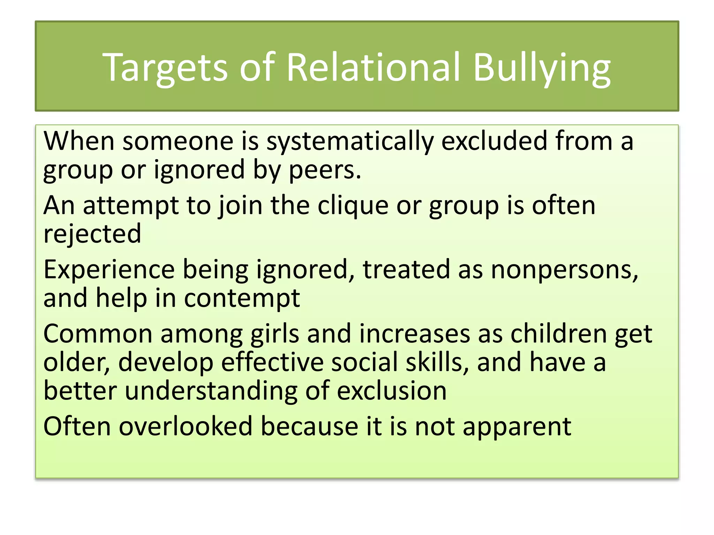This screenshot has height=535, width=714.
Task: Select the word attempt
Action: (131, 206)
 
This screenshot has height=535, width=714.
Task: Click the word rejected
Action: (92, 234)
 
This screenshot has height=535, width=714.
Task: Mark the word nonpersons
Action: (564, 270)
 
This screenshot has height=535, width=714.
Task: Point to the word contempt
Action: (242, 298)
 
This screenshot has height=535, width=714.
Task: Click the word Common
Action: (98, 334)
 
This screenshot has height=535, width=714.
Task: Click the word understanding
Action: (211, 391)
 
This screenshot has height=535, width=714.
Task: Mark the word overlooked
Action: (185, 426)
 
